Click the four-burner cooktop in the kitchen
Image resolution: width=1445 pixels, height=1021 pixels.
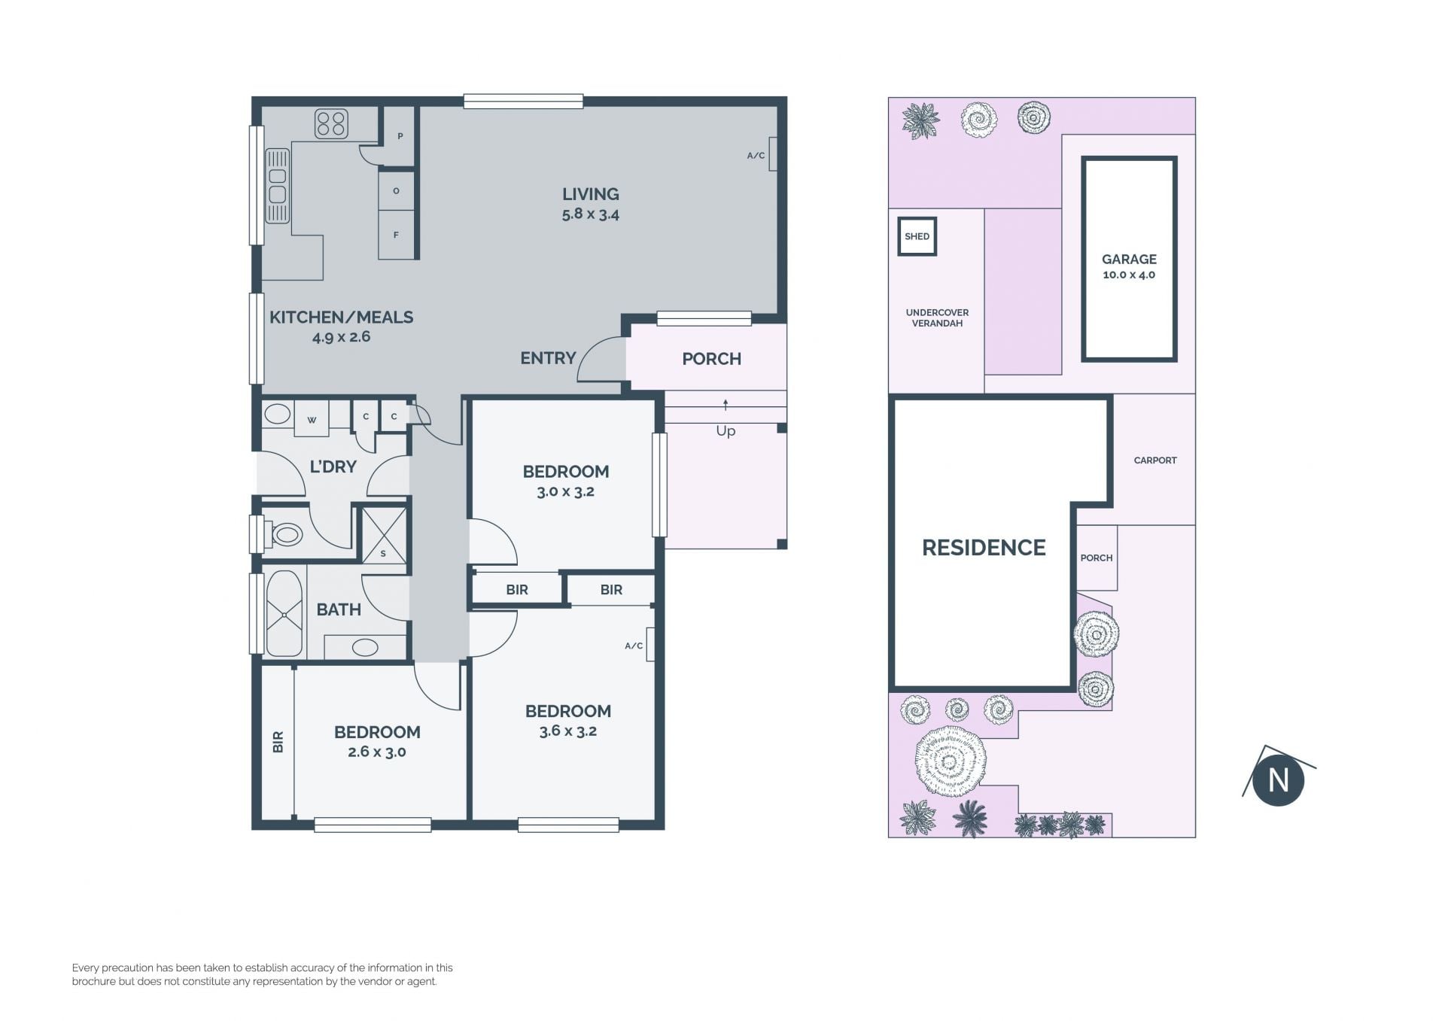331,124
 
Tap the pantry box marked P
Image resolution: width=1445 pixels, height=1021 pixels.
400,136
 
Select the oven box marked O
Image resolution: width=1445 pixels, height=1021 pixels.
396,190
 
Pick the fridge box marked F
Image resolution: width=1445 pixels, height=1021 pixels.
396,235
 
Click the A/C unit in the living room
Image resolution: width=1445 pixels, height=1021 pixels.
773,154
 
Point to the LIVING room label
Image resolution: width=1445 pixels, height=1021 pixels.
591,194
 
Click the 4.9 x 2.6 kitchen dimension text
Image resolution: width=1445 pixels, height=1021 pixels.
341,336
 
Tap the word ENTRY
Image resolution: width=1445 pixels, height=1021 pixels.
548,358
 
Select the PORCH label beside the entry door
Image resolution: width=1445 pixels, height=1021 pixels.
711,359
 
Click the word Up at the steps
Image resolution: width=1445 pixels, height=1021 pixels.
726,431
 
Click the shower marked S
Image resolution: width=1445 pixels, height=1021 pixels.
384,535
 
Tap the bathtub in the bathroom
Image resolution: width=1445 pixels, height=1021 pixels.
284,614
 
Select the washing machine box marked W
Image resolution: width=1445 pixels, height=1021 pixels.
312,419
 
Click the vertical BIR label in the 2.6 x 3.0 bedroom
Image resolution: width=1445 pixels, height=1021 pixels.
278,742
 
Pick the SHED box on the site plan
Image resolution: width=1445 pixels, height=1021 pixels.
917,236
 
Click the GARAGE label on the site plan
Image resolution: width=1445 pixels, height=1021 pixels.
1129,259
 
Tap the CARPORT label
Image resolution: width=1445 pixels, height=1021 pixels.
1155,460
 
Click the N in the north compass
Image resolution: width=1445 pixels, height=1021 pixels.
1278,780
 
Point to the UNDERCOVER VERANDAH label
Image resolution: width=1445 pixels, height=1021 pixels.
937,318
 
